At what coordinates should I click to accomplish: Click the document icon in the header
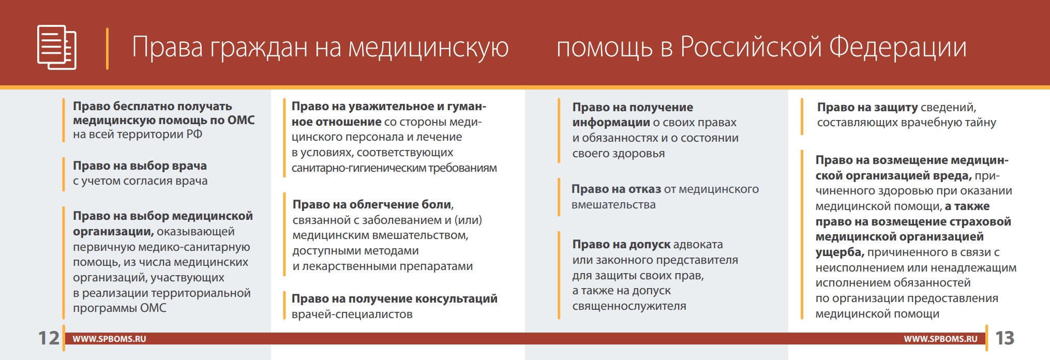(57, 47)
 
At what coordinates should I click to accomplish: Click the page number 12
(49, 338)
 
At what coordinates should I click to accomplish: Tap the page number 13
(1004, 338)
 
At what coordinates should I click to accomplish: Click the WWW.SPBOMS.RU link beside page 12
(109, 339)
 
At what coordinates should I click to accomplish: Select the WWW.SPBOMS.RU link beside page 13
(940, 339)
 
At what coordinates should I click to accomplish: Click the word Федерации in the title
(898, 47)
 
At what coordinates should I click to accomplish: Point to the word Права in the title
(167, 47)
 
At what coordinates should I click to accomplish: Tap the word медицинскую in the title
(428, 47)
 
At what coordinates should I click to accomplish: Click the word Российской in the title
(751, 47)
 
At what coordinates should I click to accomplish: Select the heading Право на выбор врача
(140, 166)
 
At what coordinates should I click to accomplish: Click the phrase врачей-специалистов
(352, 314)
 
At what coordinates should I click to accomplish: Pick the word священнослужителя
(629, 306)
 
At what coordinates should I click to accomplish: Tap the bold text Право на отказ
(616, 189)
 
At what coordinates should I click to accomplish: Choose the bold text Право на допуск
(621, 244)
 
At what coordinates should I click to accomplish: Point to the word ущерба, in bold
(840, 252)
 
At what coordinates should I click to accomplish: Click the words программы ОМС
(119, 308)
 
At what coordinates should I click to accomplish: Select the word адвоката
(698, 244)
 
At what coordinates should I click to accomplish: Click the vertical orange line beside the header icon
(107, 48)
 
